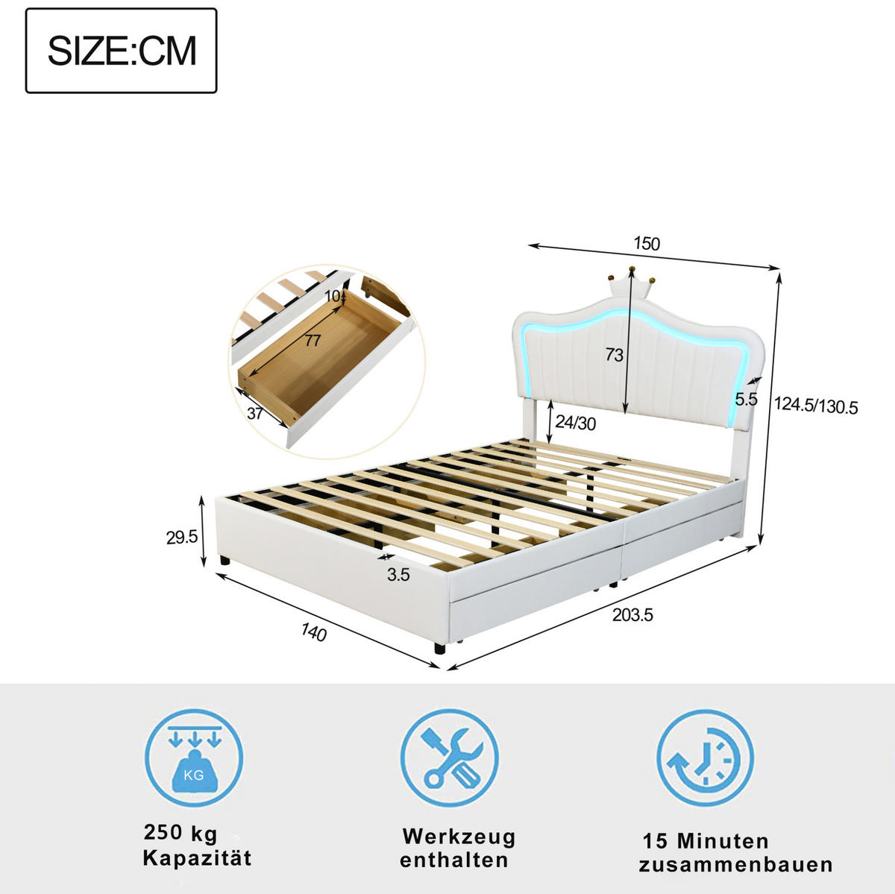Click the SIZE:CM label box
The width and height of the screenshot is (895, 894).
coord(122,51)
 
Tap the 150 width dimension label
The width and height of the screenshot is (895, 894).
coord(647,244)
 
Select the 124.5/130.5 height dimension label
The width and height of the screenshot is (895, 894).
coord(816,406)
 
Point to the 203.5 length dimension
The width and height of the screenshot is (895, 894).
coord(632,615)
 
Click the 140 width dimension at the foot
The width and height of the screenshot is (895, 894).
coord(314,632)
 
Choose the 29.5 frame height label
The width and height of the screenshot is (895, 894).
coord(181,538)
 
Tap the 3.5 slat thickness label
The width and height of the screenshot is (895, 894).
coord(398,575)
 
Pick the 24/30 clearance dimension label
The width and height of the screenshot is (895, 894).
coord(576,423)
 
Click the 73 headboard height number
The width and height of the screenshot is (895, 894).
coord(614,355)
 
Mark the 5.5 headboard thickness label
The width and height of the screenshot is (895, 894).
coord(747,399)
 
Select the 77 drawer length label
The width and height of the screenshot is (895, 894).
coord(313,341)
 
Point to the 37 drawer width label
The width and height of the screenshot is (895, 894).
coord(255,413)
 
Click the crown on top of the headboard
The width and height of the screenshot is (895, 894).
coord(630,282)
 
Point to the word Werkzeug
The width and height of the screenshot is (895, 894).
coord(459,837)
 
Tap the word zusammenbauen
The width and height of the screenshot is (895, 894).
coord(735,864)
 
